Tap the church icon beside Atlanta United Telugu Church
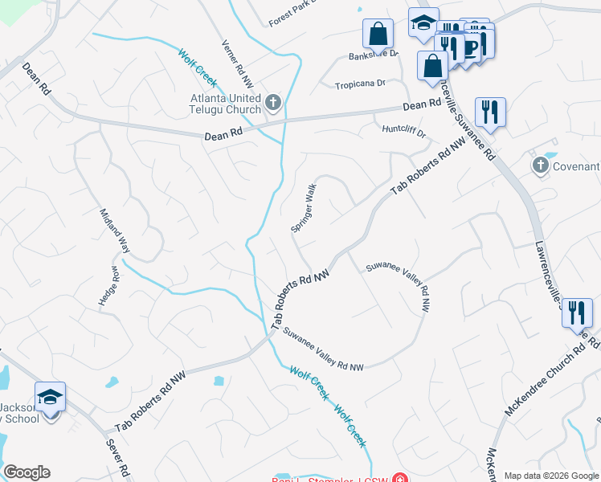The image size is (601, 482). (x=273, y=102)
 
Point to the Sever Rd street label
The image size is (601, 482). (x=117, y=458)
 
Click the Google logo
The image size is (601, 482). (x=27, y=472)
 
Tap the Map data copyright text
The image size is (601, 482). (x=552, y=475)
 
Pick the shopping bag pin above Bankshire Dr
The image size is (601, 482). (x=378, y=35)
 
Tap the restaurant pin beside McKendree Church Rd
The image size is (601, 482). (x=576, y=312)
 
